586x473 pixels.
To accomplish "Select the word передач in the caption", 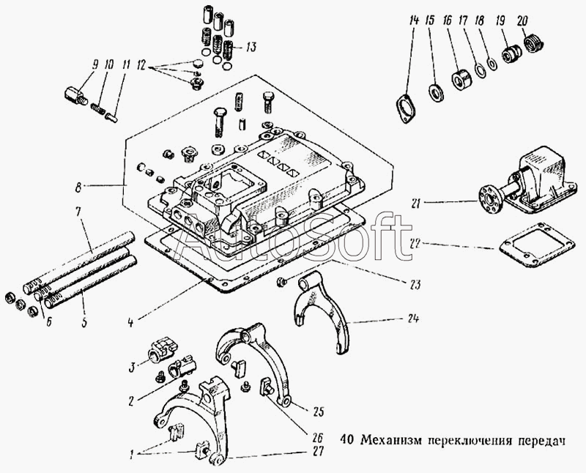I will point(542,440).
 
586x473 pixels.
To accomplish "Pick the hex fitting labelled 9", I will point(75,95).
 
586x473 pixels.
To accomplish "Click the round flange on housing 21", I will point(483,197).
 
